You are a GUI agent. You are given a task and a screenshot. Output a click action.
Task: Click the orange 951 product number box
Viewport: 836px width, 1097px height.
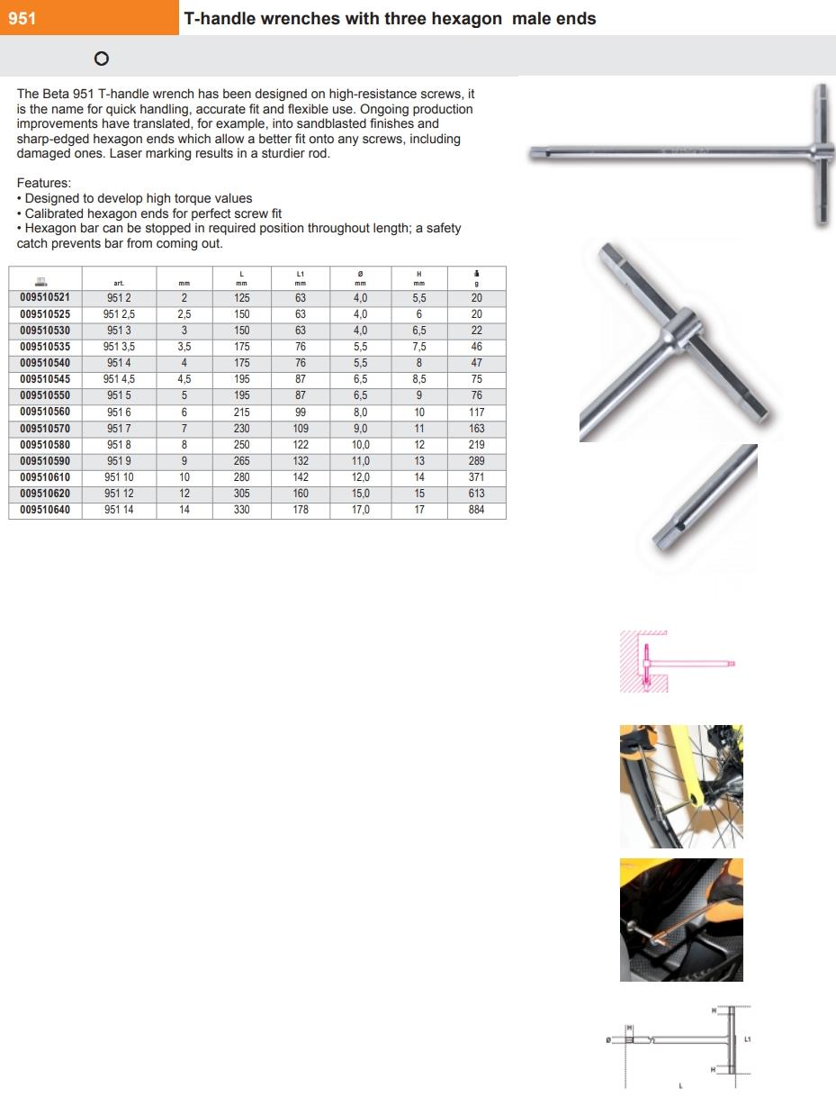(89, 18)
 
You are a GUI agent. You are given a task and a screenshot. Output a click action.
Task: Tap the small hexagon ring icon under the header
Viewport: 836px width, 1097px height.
(101, 59)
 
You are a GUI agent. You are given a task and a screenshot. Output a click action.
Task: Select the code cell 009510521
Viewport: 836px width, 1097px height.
(45, 298)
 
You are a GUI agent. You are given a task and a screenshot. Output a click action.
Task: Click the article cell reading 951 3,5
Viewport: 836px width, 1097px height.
(119, 347)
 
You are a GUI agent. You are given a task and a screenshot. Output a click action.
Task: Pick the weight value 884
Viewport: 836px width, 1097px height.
(476, 510)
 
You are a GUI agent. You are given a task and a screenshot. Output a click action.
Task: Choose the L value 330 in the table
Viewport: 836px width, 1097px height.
(241, 510)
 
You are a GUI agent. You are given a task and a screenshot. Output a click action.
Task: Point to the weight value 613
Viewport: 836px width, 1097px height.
(476, 494)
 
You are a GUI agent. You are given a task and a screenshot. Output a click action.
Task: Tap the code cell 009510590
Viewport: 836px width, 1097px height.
(45, 461)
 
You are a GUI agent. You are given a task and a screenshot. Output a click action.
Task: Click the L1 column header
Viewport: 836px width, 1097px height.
(301, 278)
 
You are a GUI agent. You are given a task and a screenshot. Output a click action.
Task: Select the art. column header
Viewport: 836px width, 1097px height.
(119, 283)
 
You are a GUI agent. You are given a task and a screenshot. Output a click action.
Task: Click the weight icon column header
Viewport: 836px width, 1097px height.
(476, 278)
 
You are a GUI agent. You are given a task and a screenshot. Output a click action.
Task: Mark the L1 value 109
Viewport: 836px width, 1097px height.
(301, 429)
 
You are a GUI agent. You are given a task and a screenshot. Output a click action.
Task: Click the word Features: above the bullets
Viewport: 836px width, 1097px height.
(44, 184)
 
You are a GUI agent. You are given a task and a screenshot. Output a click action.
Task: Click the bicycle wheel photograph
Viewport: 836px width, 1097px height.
(681, 786)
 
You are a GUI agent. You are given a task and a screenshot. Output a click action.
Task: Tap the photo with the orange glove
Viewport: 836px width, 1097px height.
(681, 920)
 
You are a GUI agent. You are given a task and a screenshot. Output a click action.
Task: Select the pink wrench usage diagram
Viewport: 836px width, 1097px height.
(677, 662)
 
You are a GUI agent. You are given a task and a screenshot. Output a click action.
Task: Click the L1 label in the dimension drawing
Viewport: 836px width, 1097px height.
(747, 1039)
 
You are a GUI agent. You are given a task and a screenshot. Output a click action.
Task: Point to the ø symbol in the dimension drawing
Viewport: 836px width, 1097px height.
(610, 1041)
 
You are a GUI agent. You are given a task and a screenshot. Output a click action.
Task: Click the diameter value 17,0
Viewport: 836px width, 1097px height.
(360, 510)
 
